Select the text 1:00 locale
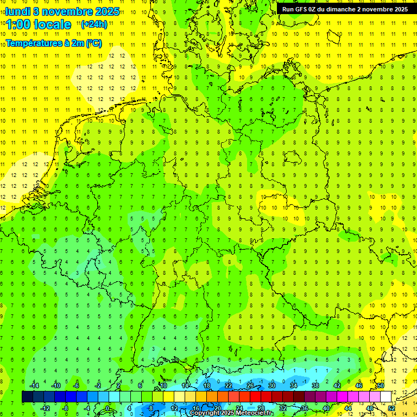(39, 24)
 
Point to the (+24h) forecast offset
(94, 24)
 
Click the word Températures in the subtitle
(33, 43)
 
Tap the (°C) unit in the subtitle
(93, 43)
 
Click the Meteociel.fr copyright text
(231, 413)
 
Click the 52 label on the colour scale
(391, 408)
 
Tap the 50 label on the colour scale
(380, 386)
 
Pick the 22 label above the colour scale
(229, 386)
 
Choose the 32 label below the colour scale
(283, 408)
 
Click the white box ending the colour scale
(386, 396)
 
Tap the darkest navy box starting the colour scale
(27, 396)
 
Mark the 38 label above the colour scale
(315, 386)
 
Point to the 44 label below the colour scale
(347, 408)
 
